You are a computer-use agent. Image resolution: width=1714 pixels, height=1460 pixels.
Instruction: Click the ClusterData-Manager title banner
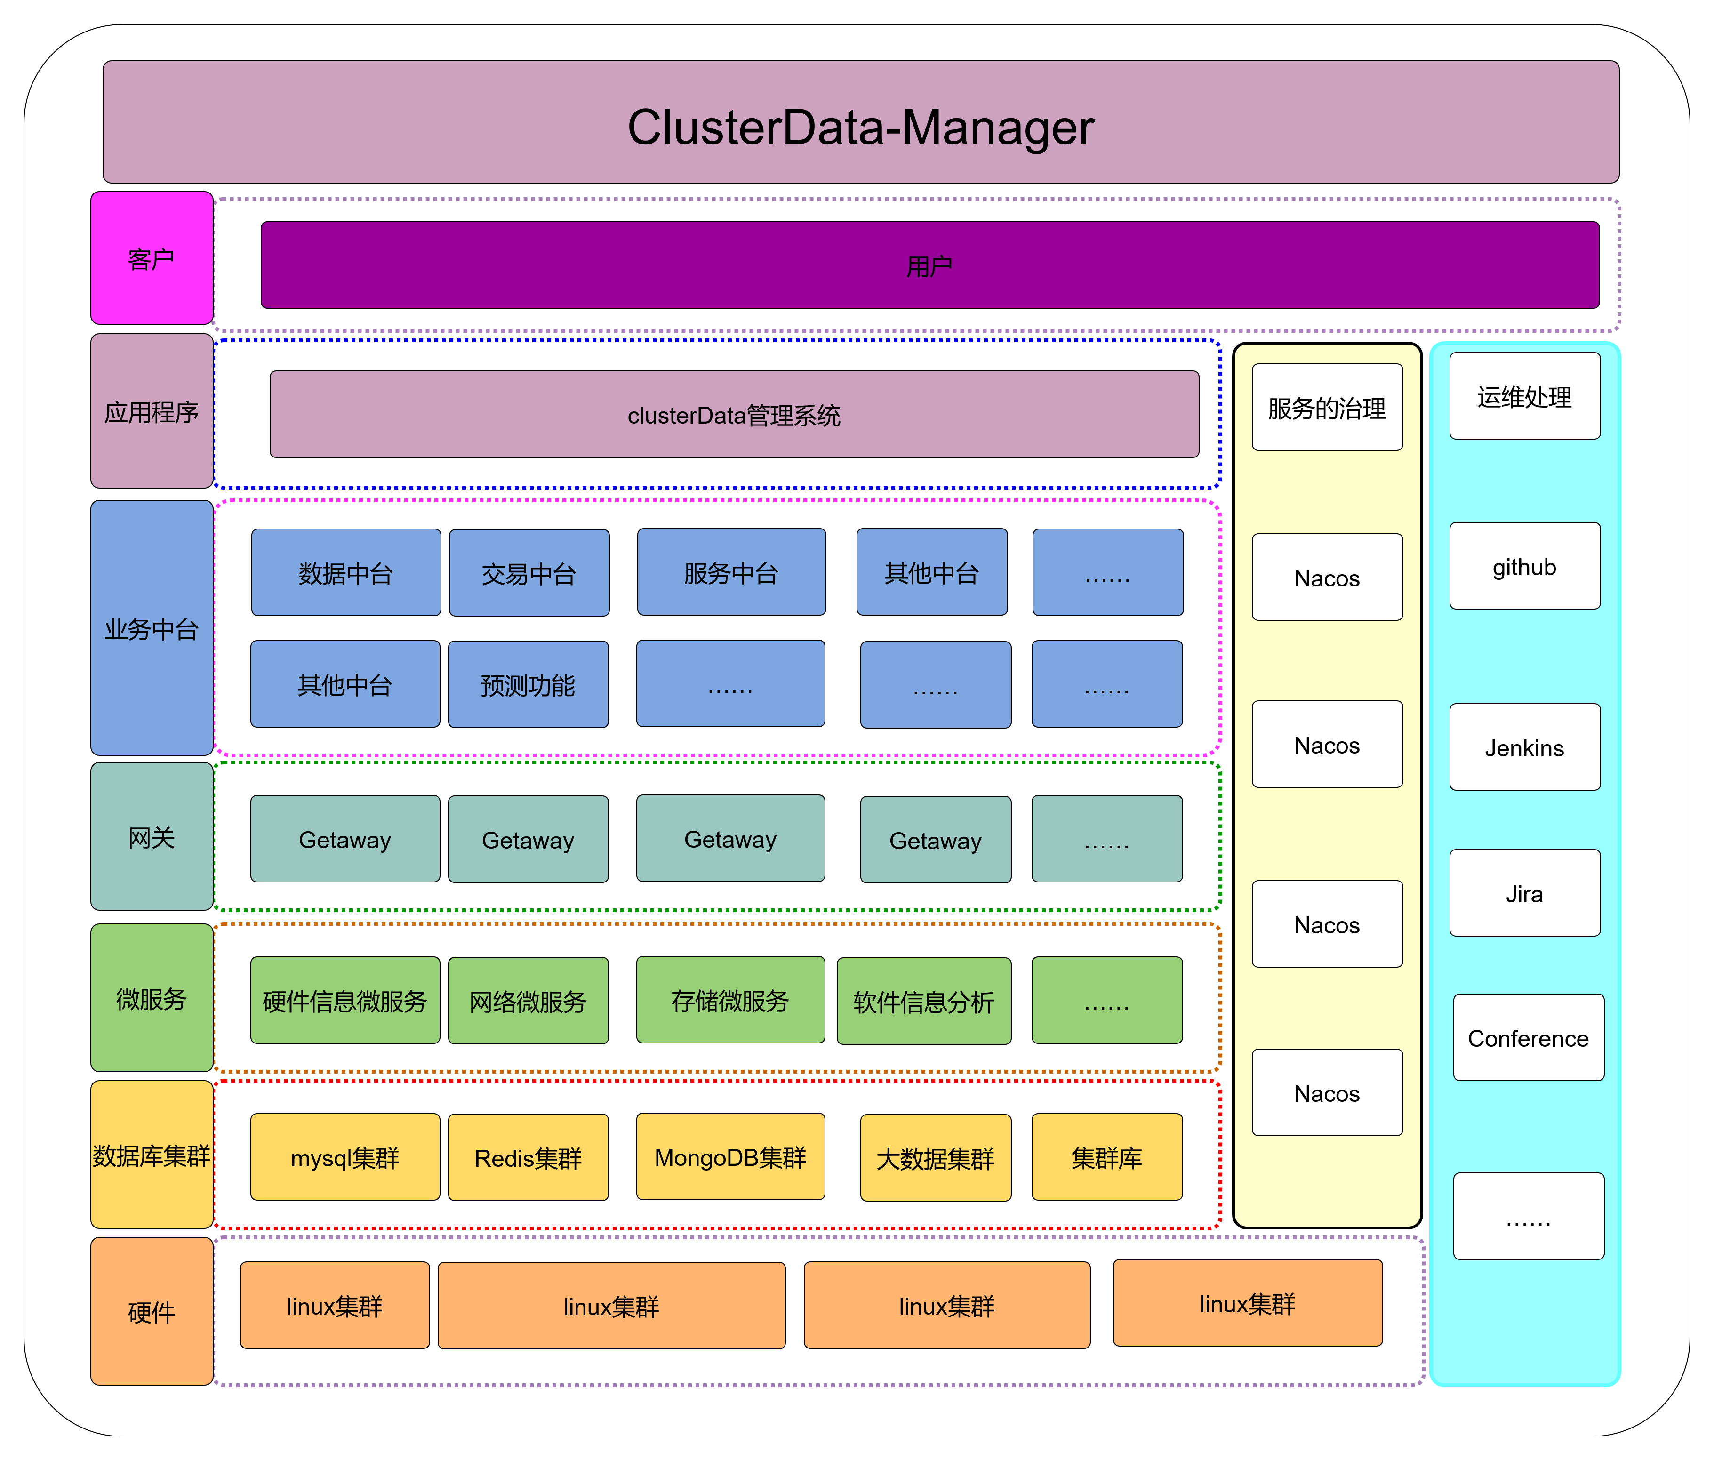[x=860, y=121]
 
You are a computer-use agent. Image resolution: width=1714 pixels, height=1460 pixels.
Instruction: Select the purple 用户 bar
[x=930, y=265]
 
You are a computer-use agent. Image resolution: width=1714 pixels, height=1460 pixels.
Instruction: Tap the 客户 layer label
[x=152, y=258]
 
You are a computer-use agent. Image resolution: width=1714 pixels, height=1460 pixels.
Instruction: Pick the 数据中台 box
[x=346, y=572]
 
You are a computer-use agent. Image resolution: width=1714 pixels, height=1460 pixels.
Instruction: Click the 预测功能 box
[x=528, y=684]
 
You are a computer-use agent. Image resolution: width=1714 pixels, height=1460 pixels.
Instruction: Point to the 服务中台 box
[x=731, y=571]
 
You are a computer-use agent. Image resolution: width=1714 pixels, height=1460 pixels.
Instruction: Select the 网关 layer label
[x=152, y=836]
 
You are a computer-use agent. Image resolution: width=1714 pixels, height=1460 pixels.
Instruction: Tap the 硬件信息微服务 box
[x=345, y=1000]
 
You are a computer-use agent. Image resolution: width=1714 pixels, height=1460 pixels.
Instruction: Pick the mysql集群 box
[x=345, y=1156]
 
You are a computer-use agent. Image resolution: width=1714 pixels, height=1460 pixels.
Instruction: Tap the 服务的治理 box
[x=1327, y=407]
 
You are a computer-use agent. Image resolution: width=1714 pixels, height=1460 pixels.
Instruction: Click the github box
[x=1524, y=566]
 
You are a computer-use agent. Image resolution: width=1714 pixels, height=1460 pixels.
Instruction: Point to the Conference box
[x=1529, y=1037]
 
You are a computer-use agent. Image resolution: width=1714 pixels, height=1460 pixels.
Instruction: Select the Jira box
[x=1524, y=892]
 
